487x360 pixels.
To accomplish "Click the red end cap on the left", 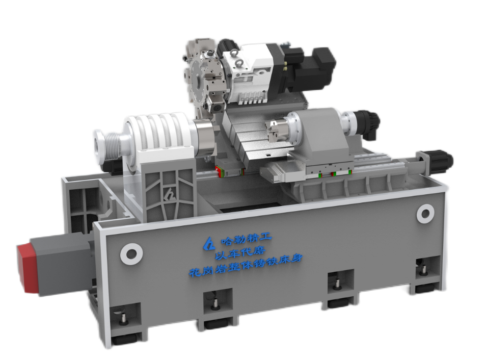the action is tap(27, 267).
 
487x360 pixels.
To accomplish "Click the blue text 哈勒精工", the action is tap(246, 239).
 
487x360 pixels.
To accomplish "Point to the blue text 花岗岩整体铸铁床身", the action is tap(246, 266).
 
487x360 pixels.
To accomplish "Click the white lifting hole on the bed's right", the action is tap(425, 214).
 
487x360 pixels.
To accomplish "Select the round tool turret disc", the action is tap(202, 82).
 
